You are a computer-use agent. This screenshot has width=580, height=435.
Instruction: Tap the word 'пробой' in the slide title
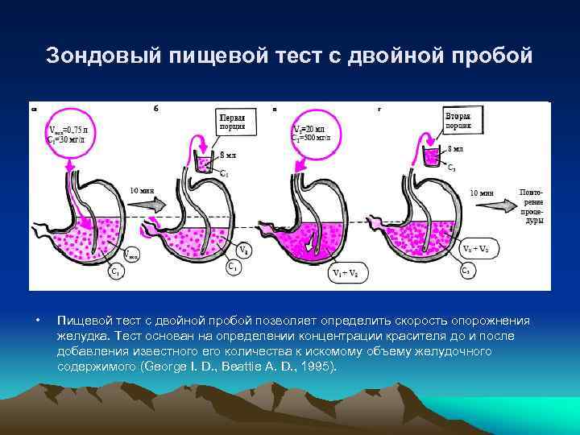point(491,56)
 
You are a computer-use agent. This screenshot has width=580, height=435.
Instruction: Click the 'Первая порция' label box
point(233,122)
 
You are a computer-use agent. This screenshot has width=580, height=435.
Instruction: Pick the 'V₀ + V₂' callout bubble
point(475,248)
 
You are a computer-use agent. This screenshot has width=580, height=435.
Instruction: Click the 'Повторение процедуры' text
point(530,205)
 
